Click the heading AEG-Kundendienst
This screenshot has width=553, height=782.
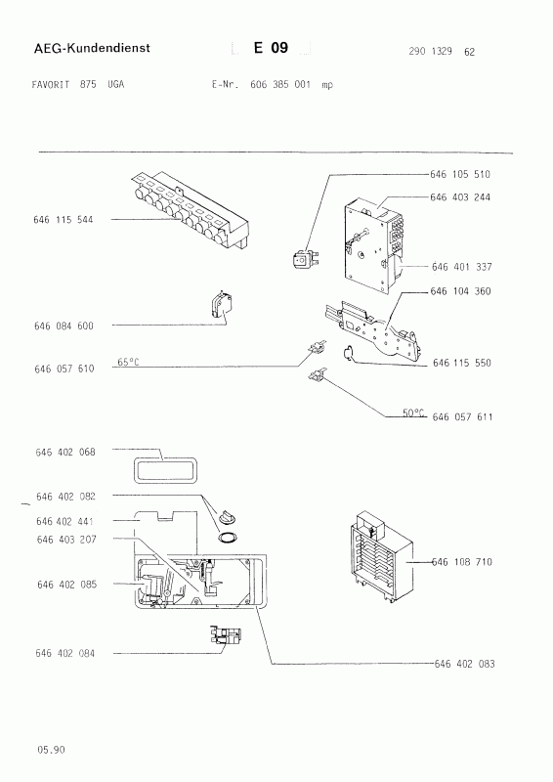[x=92, y=48]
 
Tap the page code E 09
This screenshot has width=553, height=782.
[x=271, y=48]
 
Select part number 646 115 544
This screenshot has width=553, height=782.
[x=64, y=219]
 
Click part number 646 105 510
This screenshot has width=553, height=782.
[x=460, y=174]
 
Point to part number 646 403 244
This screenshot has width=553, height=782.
[x=460, y=197]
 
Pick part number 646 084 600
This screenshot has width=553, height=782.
[x=64, y=326]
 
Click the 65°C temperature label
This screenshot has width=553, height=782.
[x=128, y=362]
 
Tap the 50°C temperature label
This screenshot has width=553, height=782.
[x=413, y=413]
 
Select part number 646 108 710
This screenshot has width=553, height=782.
[x=462, y=562]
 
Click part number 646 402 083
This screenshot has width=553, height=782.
[x=465, y=664]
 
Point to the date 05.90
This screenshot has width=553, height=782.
[x=51, y=749]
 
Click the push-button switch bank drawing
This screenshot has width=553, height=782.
[x=190, y=209]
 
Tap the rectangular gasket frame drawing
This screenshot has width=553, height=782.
[x=164, y=471]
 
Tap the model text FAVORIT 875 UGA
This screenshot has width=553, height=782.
[x=77, y=84]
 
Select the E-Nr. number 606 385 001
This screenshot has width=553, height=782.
[x=279, y=84]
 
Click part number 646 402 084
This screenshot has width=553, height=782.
[x=64, y=653]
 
